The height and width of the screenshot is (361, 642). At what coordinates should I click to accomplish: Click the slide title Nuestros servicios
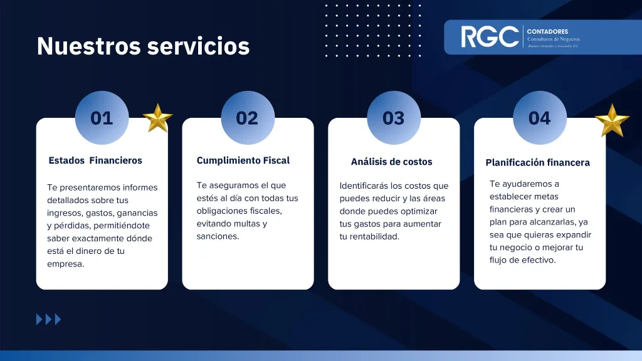tap(143, 46)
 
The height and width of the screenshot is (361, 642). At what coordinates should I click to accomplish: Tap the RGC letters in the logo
tap(490, 37)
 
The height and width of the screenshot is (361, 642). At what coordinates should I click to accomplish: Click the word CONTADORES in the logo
tap(547, 31)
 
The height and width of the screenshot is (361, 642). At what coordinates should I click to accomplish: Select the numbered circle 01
tap(102, 118)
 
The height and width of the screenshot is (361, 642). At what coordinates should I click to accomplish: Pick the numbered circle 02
tap(247, 118)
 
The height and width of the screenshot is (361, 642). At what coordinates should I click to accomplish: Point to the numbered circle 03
tap(393, 118)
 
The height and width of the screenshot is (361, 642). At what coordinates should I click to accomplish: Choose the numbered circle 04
tap(539, 118)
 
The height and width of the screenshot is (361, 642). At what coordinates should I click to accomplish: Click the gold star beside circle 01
tap(157, 118)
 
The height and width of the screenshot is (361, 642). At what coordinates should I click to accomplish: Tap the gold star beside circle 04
tap(611, 120)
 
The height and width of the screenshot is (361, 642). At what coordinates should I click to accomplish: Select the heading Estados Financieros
tap(95, 160)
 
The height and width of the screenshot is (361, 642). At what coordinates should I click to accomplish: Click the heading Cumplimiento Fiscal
tap(243, 160)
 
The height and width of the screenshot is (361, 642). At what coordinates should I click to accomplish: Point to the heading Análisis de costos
tap(391, 162)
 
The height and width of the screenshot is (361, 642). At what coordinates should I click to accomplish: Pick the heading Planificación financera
tap(537, 162)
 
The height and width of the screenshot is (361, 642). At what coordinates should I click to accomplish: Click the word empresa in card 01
tap(65, 264)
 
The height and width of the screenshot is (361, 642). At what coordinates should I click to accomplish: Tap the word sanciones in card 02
tap(217, 236)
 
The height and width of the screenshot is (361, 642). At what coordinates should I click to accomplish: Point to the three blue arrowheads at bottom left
tap(49, 320)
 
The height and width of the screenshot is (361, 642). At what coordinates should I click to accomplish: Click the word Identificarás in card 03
tap(363, 186)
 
